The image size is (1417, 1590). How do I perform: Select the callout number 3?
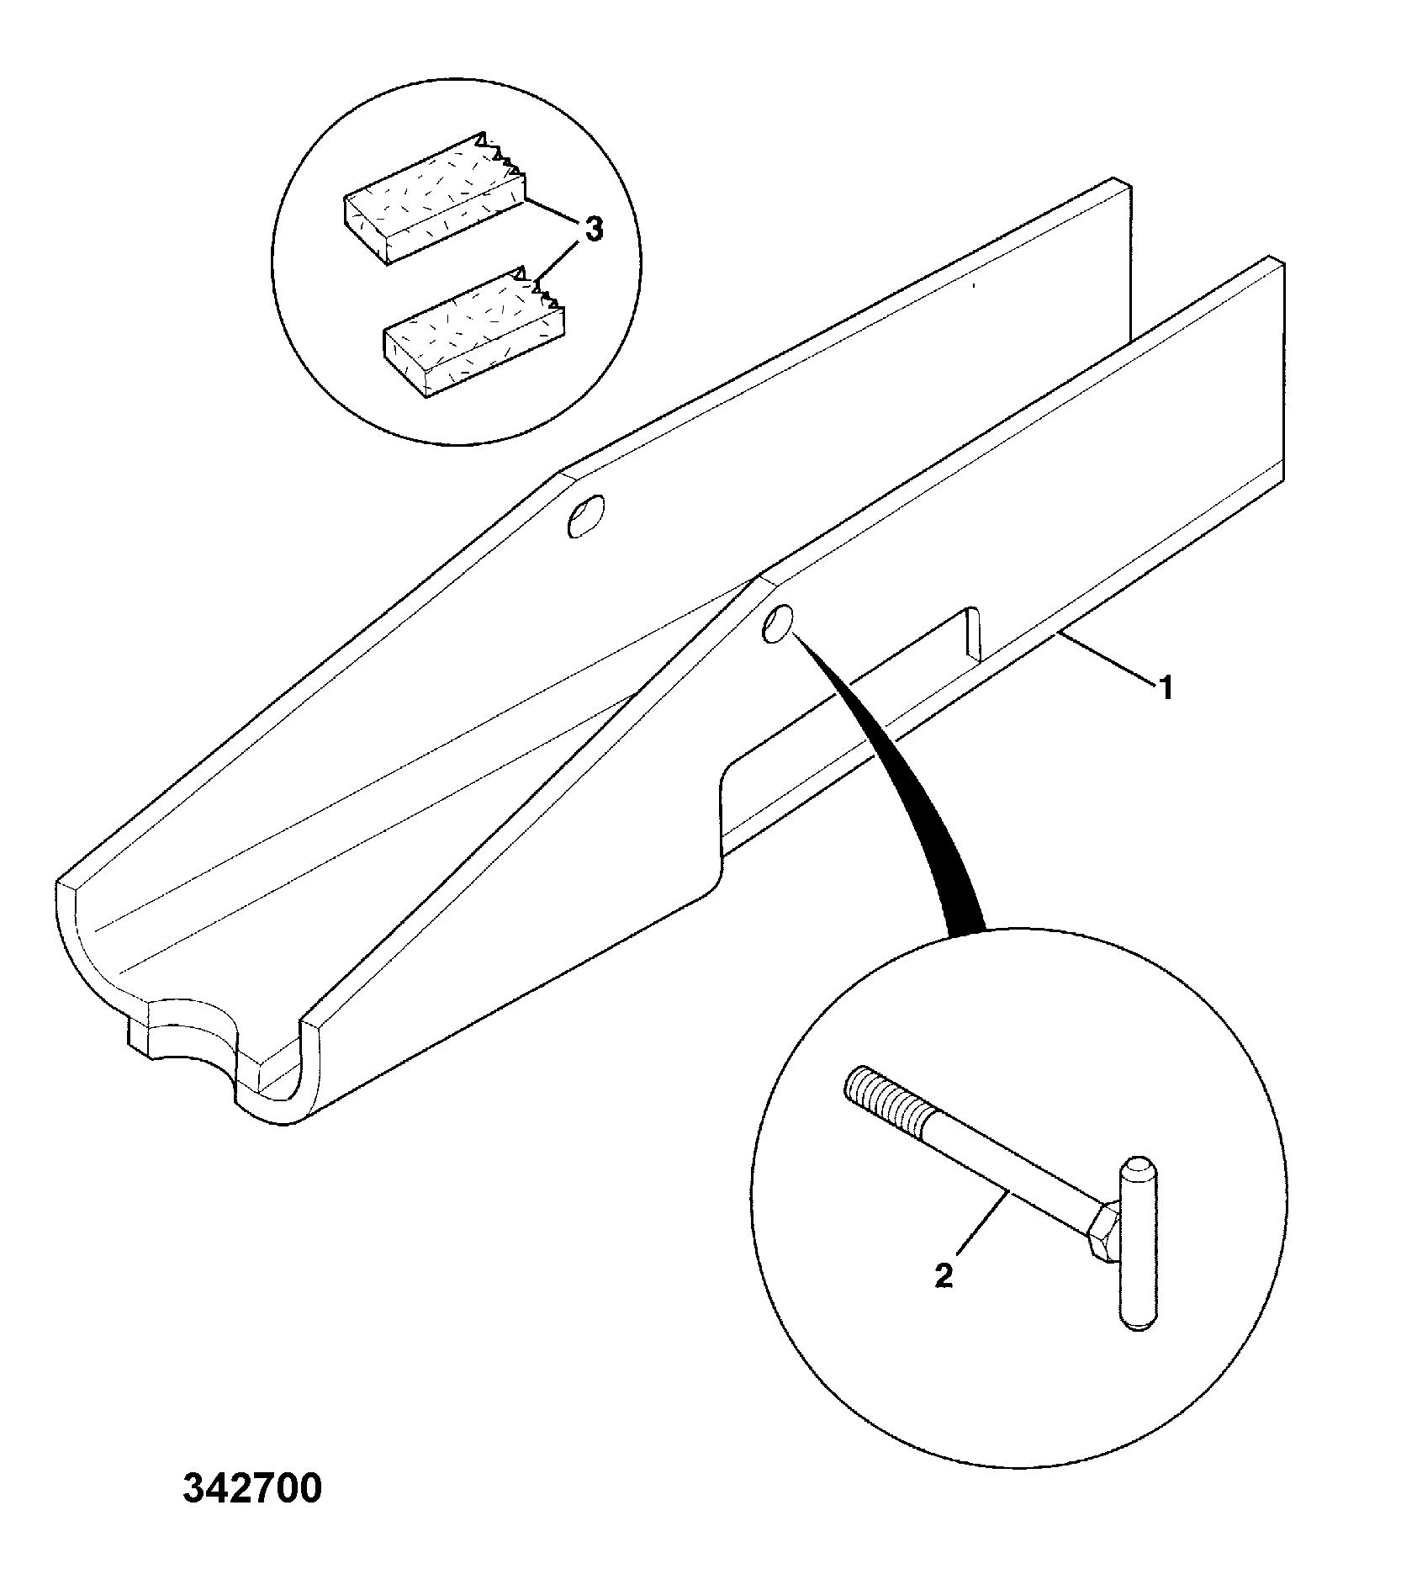pos(593,230)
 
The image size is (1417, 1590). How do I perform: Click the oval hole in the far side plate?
pos(585,515)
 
